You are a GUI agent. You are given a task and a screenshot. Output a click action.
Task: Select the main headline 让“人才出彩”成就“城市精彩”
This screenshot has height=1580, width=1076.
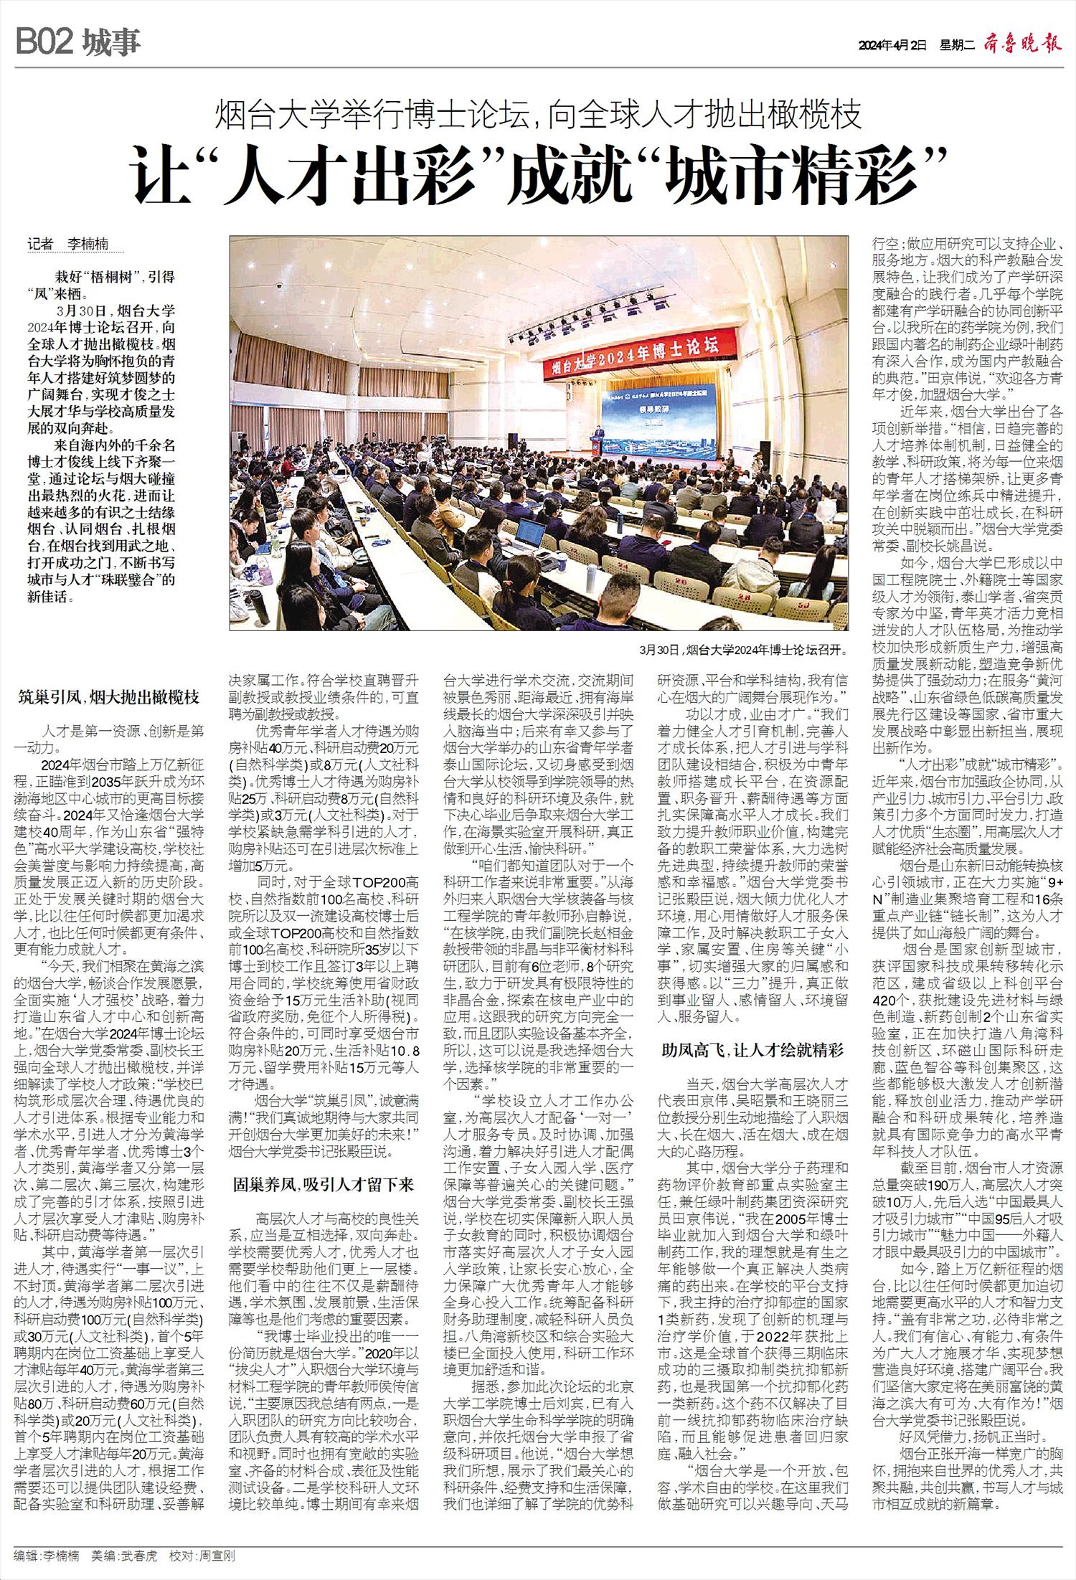pyautogui.click(x=537, y=175)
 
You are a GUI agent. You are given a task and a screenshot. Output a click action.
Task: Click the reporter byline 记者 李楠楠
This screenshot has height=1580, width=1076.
pyautogui.click(x=72, y=245)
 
